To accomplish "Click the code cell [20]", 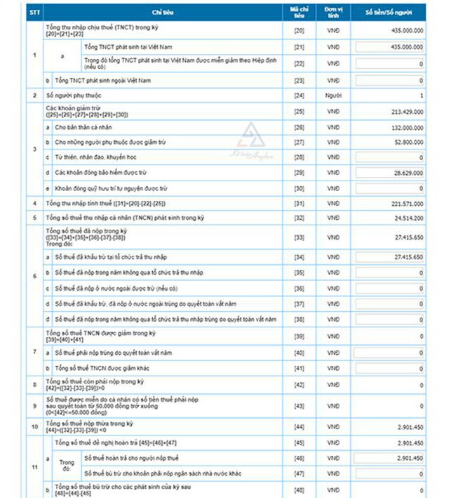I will tap(298, 31).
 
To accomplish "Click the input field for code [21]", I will tap(390, 46).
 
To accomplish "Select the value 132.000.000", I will tap(403, 127).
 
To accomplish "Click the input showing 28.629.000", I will tap(390, 172).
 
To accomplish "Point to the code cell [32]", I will tap(298, 218).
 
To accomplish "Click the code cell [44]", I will tap(298, 428).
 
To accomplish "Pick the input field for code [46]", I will tap(390, 458).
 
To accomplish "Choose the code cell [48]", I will tap(298, 490).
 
